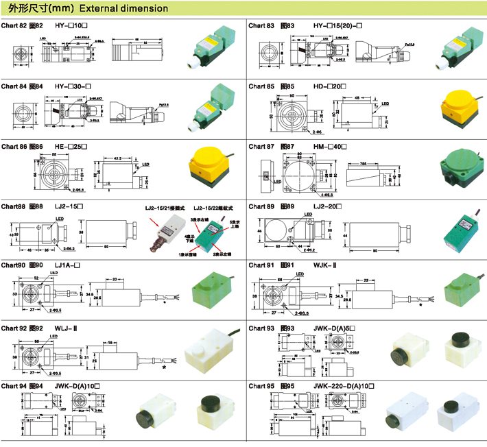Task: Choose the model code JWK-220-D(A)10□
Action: [x=345, y=386]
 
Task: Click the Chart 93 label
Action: [x=261, y=328]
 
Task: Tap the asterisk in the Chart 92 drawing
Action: [x=164, y=367]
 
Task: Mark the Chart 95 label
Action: [x=261, y=386]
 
